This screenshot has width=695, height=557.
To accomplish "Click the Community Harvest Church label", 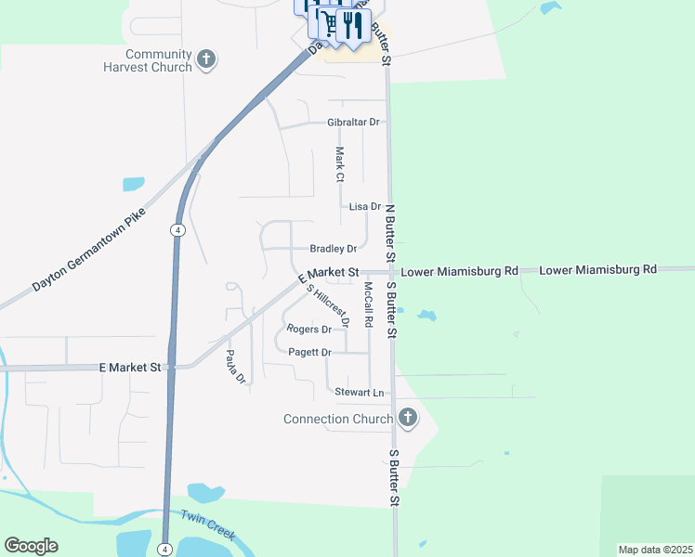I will pyautogui.click(x=158, y=61).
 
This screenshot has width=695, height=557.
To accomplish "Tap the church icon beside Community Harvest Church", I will pyautogui.click(x=207, y=61).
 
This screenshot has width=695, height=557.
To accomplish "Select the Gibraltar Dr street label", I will pyautogui.click(x=354, y=123).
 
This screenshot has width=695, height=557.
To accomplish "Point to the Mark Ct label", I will pyautogui.click(x=340, y=164).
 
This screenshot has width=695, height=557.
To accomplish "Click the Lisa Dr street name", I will pyautogui.click(x=364, y=207).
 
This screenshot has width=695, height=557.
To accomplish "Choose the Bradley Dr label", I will pyautogui.click(x=334, y=249).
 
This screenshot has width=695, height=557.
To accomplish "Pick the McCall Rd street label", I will pyautogui.click(x=368, y=304).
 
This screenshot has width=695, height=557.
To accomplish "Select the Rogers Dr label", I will pyautogui.click(x=309, y=330).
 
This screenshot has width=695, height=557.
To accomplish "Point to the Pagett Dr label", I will pyautogui.click(x=310, y=353).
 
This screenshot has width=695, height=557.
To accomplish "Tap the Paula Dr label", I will pyautogui.click(x=234, y=366).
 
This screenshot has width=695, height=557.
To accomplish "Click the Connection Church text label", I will pyautogui.click(x=338, y=419).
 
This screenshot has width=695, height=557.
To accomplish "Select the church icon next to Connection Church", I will pyautogui.click(x=406, y=418).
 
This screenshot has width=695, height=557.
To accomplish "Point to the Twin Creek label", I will pyautogui.click(x=208, y=527).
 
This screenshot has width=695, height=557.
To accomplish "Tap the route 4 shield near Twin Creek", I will pyautogui.click(x=164, y=548).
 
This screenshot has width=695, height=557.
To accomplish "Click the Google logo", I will pyautogui.click(x=31, y=546).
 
